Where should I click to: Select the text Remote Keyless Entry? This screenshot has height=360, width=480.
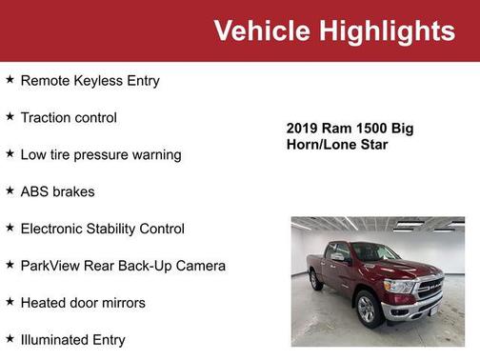click(x=90, y=81)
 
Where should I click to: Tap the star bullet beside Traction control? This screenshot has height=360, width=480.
click(x=10, y=117)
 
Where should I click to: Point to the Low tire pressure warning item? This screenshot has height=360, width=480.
click(x=100, y=154)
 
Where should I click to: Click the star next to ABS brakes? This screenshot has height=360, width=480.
click(x=10, y=190)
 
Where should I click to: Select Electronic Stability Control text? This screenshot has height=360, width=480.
click(x=102, y=229)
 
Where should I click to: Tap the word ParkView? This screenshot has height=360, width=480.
click(x=52, y=266)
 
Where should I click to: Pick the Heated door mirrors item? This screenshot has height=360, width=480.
click(x=83, y=303)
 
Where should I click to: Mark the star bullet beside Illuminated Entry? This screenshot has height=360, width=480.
click(x=10, y=338)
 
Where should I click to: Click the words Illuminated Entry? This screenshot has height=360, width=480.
click(x=72, y=339)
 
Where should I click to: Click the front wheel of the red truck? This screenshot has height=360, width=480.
click(x=366, y=307)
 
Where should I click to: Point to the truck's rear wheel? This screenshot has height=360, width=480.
click(x=316, y=280)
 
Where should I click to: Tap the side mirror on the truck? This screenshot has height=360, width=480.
click(x=338, y=257)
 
